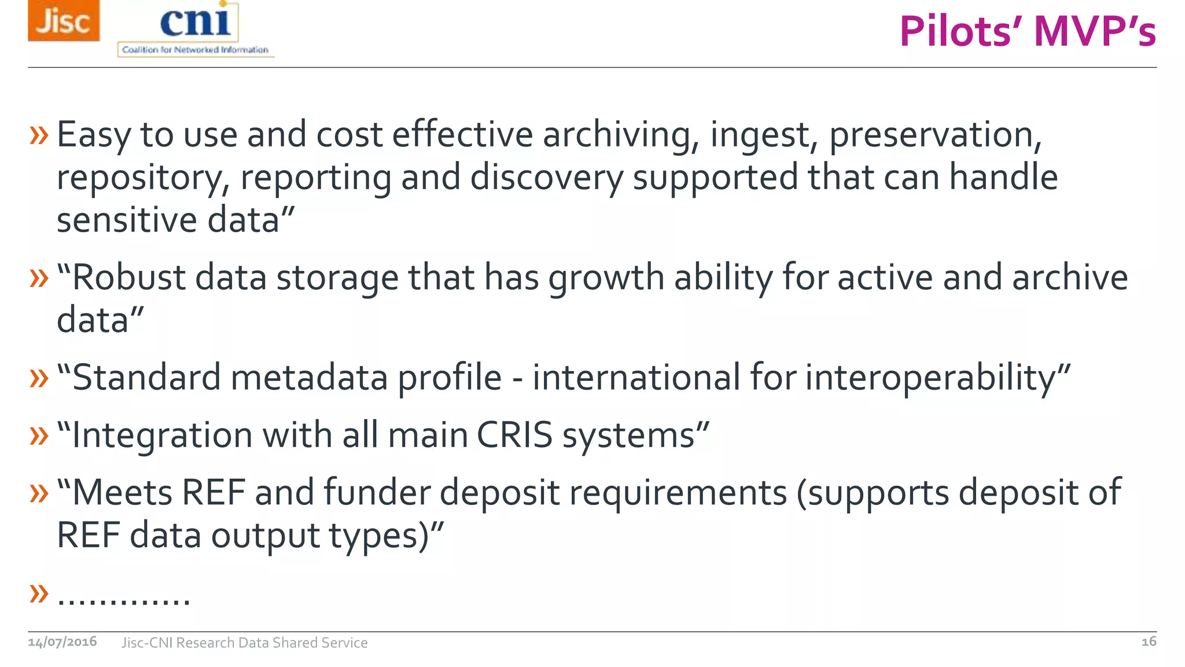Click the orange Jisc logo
(x=64, y=21)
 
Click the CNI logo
(x=196, y=29)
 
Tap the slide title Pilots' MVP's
(x=1028, y=31)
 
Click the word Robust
(x=128, y=277)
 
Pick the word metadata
(x=309, y=378)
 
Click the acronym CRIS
(x=514, y=435)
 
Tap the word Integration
(x=163, y=436)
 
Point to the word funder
(x=377, y=493)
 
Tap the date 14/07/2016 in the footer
(x=62, y=642)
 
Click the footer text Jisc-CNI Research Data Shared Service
(x=244, y=643)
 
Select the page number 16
(x=1149, y=642)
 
